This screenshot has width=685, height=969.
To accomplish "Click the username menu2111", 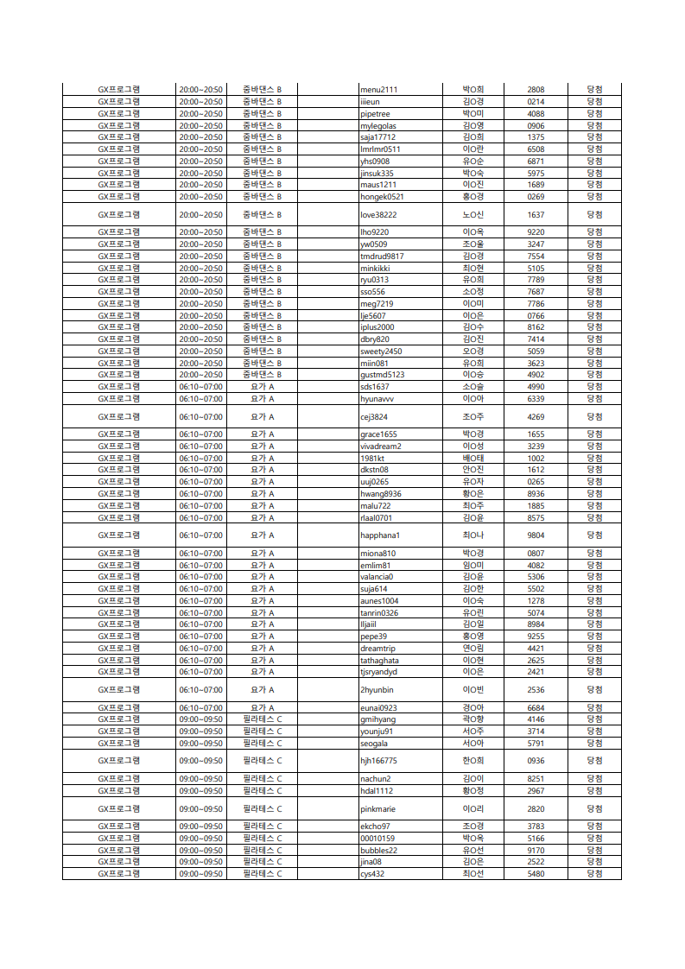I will [x=378, y=90].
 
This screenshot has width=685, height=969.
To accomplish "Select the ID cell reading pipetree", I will [x=375, y=113].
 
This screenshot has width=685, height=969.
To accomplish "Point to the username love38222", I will [x=378, y=214].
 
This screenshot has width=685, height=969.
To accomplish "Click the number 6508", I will [x=536, y=149].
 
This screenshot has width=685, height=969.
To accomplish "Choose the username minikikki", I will [x=376, y=268].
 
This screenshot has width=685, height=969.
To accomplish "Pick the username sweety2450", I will [x=381, y=351].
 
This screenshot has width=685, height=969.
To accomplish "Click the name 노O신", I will [x=473, y=214].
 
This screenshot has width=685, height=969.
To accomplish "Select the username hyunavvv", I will [x=377, y=399].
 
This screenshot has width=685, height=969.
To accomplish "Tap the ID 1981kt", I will [x=372, y=458].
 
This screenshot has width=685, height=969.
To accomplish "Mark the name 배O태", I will [x=473, y=458].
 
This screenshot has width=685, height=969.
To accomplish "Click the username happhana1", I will [x=380, y=535].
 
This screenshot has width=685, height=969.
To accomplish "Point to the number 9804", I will [x=536, y=535].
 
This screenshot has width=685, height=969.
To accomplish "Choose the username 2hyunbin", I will [x=377, y=690].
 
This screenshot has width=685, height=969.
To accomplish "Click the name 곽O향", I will [x=473, y=719].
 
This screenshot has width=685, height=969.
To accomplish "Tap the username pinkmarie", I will [x=377, y=809].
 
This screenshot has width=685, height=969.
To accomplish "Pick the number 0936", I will [x=536, y=761].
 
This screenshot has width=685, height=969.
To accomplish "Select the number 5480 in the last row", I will [x=536, y=874].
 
